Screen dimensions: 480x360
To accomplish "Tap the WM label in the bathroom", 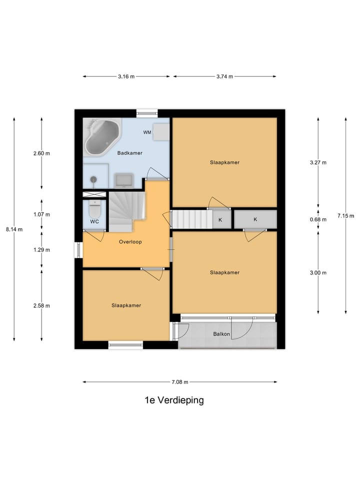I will (x=147, y=132).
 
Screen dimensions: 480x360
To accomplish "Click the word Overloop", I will (x=130, y=242).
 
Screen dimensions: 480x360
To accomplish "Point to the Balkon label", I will (x=221, y=334).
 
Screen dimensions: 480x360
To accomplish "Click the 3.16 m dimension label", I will (x=126, y=76).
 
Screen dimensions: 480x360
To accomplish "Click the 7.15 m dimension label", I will (x=345, y=216).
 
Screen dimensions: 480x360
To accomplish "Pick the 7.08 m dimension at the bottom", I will (x=179, y=382).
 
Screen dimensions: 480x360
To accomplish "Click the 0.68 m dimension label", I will (x=318, y=219).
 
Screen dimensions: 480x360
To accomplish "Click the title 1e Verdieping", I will (x=174, y=400).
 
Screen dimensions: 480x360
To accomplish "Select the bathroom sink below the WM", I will (x=123, y=179).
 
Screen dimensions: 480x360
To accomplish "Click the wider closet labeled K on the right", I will (x=255, y=219).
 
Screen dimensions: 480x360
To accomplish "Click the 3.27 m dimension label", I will (x=318, y=162).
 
